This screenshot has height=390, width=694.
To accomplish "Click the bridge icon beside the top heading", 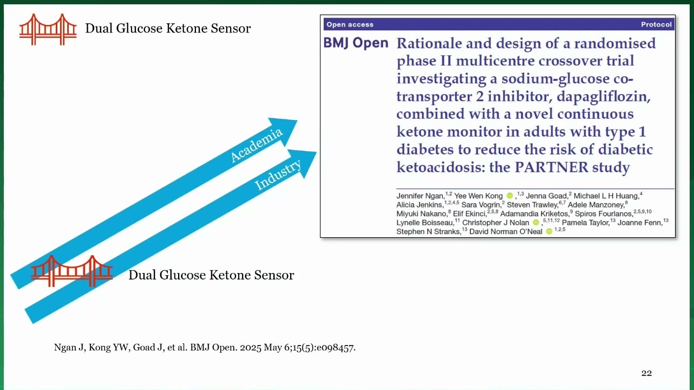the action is [48, 29].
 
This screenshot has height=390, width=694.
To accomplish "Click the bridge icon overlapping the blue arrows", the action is [71, 271].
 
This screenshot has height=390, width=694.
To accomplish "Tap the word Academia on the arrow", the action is [257, 145].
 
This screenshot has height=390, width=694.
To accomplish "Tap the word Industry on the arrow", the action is [278, 174].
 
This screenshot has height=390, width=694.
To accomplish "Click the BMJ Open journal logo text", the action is [356, 43].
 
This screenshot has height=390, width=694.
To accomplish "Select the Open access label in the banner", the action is [350, 24].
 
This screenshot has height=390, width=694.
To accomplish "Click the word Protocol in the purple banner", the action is [656, 24].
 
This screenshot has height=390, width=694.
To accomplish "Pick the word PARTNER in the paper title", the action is [551, 167].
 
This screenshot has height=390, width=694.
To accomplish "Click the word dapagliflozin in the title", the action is [604, 96].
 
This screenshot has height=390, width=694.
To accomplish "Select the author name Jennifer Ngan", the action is [421, 196].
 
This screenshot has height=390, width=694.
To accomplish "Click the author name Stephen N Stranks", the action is [429, 232].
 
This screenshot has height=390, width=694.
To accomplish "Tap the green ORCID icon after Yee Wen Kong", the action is [509, 196].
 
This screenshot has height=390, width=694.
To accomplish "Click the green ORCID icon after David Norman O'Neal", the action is [549, 231].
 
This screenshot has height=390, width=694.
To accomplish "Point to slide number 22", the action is [646, 373].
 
